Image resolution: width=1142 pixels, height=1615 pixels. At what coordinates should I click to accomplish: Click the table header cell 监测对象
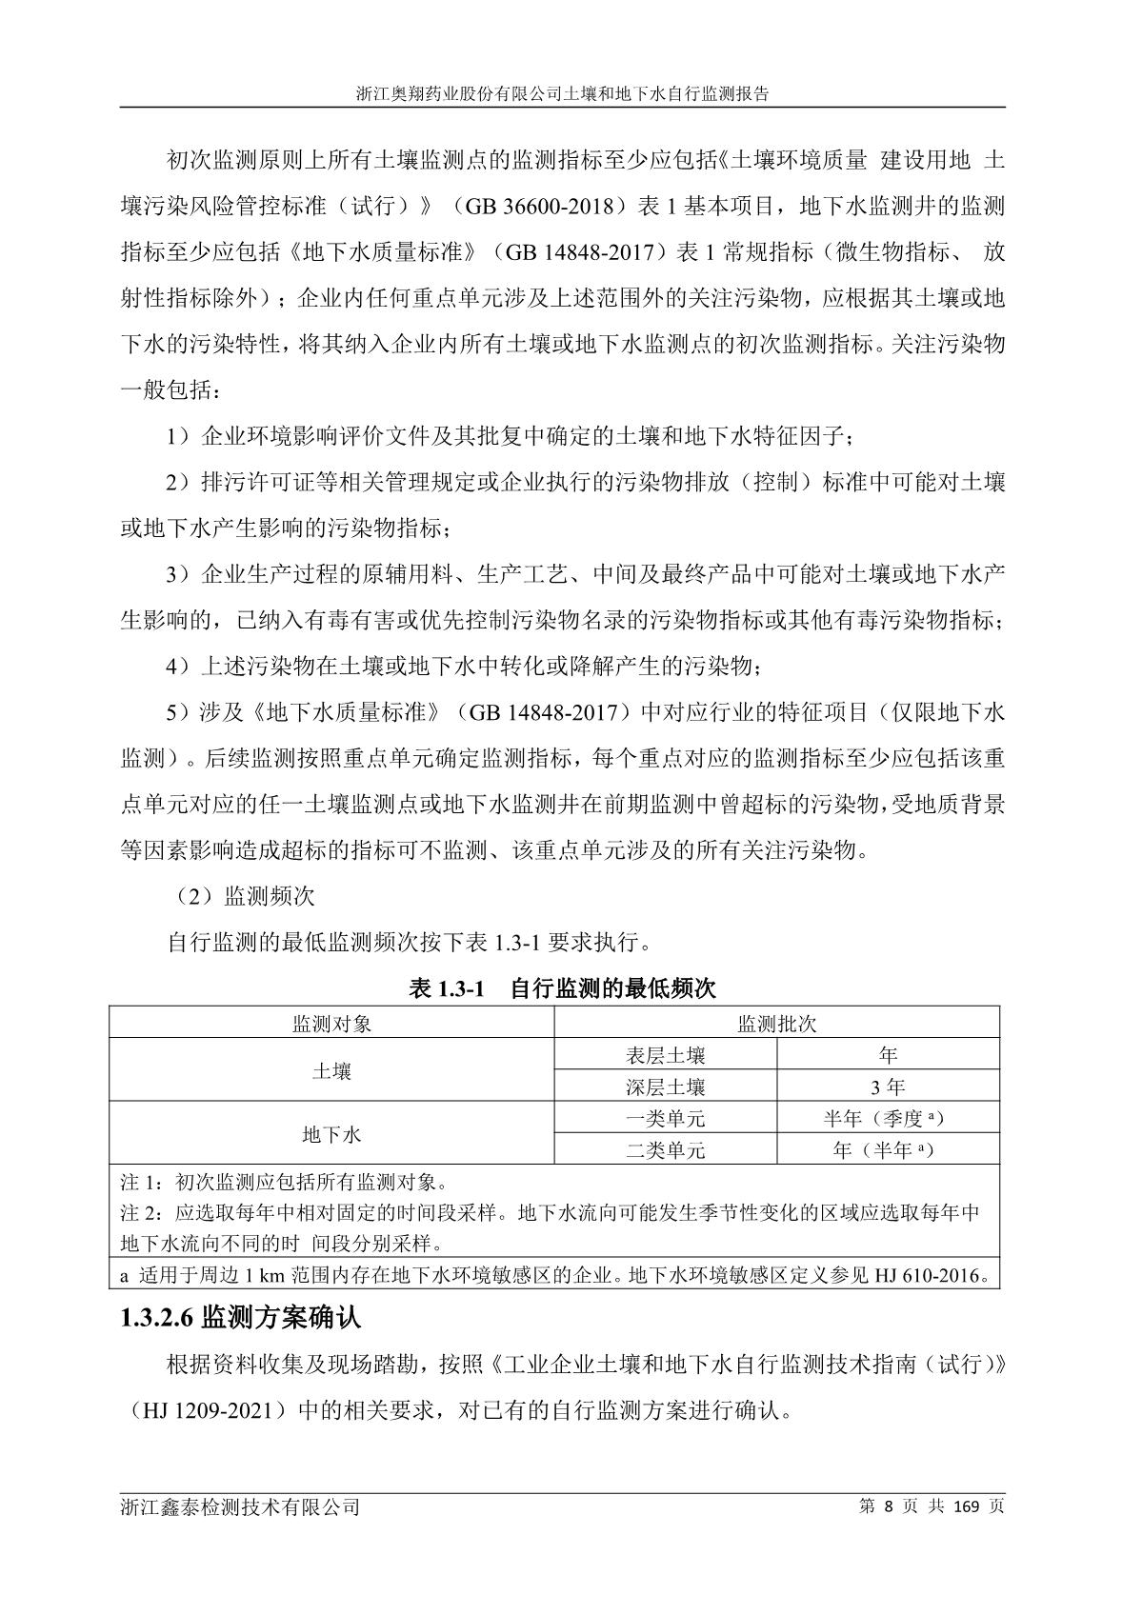[x=331, y=1025]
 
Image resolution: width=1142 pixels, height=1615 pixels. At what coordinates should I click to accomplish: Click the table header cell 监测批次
[x=777, y=1025]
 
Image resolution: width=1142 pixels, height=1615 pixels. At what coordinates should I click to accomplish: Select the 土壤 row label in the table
[x=331, y=1071]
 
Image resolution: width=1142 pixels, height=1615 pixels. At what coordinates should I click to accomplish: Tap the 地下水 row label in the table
[x=331, y=1134]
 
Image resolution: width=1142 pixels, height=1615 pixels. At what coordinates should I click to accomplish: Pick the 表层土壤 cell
[x=666, y=1055]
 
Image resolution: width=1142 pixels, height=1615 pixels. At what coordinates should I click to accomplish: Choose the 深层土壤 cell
[x=666, y=1087]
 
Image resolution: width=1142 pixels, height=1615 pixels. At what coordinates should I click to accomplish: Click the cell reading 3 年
[x=888, y=1087]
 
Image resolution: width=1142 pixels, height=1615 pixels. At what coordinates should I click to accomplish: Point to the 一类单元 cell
[x=666, y=1119]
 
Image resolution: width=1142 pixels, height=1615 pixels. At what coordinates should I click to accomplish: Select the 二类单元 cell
[x=666, y=1150]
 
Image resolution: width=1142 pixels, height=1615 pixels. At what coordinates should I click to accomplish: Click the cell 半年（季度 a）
[x=887, y=1119]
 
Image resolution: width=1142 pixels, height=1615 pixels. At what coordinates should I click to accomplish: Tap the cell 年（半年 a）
[x=887, y=1150]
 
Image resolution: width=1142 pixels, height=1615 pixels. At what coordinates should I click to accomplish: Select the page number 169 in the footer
[x=968, y=1507]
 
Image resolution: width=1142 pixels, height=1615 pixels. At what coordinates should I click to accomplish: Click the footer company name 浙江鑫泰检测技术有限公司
[x=241, y=1508]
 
